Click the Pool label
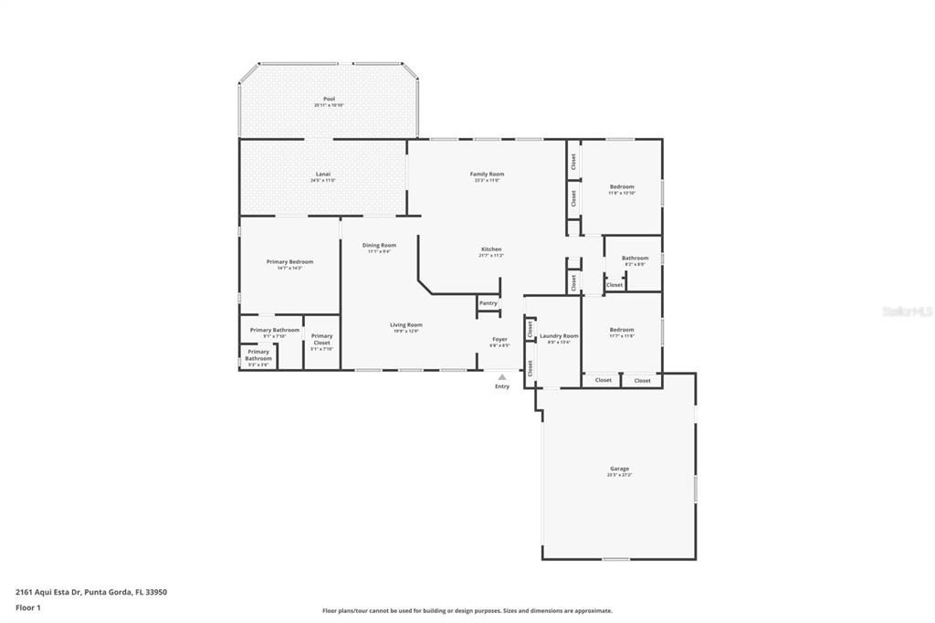point(329,99)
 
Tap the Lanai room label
point(323,174)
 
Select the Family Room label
point(487,174)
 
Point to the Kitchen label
point(491,249)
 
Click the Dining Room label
point(379,245)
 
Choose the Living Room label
point(406,324)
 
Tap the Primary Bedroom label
point(289,262)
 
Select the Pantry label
point(489,303)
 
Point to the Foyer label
point(499,339)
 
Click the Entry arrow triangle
point(502,376)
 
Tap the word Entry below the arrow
point(502,386)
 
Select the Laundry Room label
point(559,336)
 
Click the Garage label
point(619,469)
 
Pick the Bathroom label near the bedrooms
point(635,258)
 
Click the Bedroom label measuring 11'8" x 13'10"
point(622,186)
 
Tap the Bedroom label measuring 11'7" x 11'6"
point(622,330)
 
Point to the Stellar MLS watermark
point(907,311)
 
